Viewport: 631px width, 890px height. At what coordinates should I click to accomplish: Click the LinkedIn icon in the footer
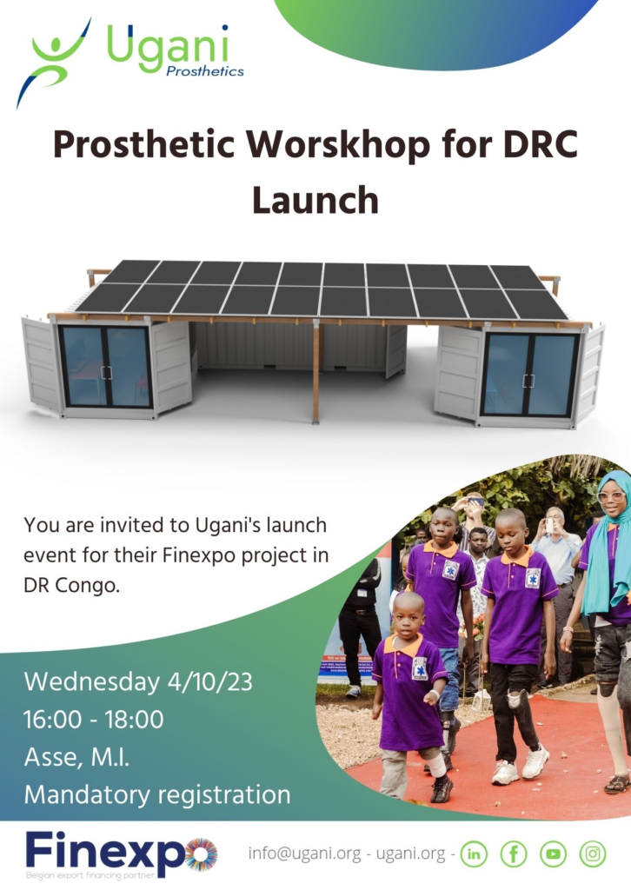pyautogui.click(x=474, y=853)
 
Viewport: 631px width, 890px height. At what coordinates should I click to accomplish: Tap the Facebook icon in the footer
pyautogui.click(x=514, y=853)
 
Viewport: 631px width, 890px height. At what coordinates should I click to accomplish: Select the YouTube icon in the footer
pyautogui.click(x=554, y=853)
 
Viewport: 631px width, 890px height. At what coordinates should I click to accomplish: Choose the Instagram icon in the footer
pyautogui.click(x=593, y=853)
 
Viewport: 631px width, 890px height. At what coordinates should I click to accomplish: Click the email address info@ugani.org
pyautogui.click(x=305, y=853)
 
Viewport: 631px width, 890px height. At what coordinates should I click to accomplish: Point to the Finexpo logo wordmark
pyautogui.click(x=122, y=853)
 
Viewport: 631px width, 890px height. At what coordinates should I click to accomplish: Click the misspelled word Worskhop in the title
pyautogui.click(x=338, y=145)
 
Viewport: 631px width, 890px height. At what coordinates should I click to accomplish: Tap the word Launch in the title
pyautogui.click(x=315, y=201)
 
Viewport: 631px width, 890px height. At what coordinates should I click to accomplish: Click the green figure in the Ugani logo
pyautogui.click(x=55, y=60)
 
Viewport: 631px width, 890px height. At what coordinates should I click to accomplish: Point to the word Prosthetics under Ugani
pyautogui.click(x=205, y=71)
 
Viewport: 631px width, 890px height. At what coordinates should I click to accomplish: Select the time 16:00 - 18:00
pyautogui.click(x=94, y=719)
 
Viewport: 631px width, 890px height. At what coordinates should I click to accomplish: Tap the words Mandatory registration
pyautogui.click(x=157, y=794)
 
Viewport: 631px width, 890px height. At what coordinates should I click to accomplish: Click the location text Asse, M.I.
pyautogui.click(x=76, y=757)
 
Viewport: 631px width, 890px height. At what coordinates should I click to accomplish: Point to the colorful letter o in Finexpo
pyautogui.click(x=201, y=853)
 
